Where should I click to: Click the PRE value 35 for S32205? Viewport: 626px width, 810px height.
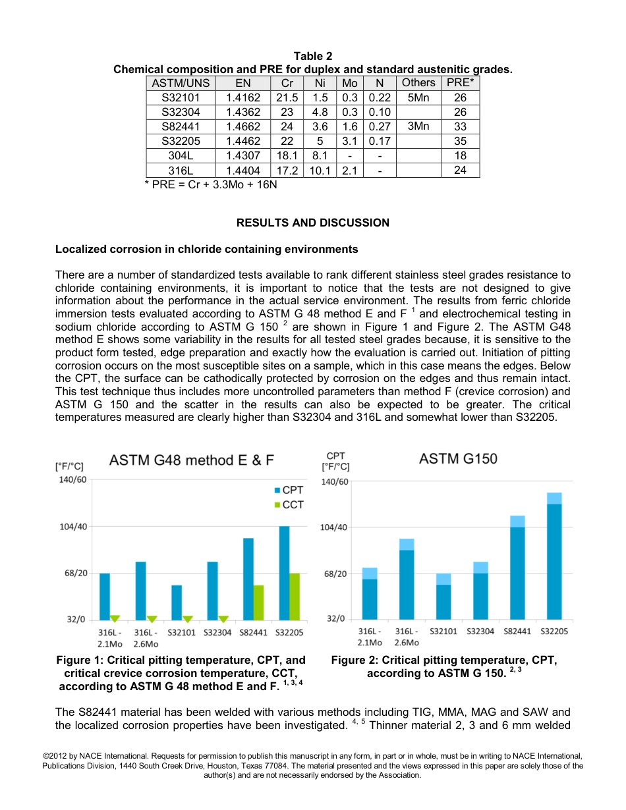click(x=460, y=141)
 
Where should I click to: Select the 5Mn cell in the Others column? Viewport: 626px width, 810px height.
click(x=418, y=97)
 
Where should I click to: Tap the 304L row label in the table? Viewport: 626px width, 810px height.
click(x=181, y=155)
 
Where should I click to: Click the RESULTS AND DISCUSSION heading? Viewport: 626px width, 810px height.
click(x=312, y=223)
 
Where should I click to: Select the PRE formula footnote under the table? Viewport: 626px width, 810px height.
click(x=211, y=185)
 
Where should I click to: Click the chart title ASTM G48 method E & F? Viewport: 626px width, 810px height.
click(x=191, y=460)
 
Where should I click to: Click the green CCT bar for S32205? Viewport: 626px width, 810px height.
click(x=295, y=596)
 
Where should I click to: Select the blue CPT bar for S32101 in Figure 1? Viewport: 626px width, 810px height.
click(x=177, y=602)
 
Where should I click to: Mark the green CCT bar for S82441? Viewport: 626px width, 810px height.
click(x=258, y=602)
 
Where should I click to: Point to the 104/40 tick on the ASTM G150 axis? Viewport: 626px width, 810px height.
click(x=334, y=527)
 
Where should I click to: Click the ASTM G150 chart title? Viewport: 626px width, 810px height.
click(x=458, y=459)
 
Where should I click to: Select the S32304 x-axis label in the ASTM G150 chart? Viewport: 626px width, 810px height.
click(x=480, y=632)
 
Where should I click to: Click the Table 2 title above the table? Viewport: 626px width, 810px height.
click(x=312, y=57)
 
